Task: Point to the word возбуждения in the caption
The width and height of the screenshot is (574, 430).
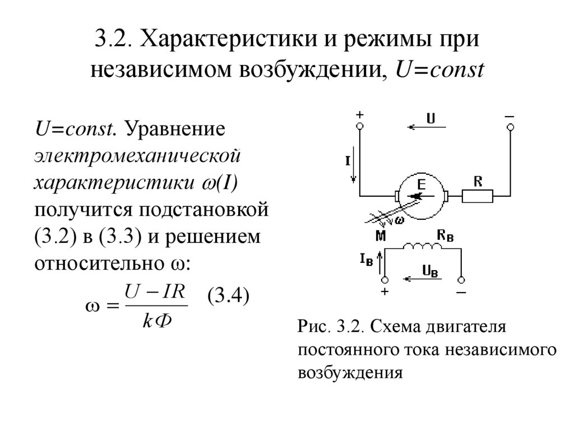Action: pos(351,372)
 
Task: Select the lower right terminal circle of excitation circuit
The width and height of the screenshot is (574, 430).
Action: pos(460,279)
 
